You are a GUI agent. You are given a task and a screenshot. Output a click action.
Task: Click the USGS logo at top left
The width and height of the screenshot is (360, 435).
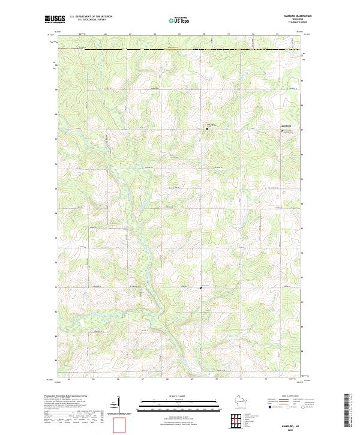55,19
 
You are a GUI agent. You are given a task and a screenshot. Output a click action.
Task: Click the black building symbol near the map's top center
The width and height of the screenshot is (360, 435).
208,128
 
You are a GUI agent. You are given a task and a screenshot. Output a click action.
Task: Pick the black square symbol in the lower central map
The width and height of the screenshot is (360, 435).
201,288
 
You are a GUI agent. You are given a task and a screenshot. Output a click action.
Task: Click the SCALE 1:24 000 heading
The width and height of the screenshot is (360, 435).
172,395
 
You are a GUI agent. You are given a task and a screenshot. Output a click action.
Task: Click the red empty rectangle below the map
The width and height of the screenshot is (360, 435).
121,425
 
